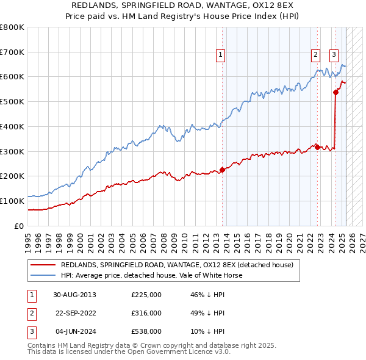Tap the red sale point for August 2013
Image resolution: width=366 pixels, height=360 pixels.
(222, 170)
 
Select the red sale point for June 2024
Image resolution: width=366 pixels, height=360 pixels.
(335, 92)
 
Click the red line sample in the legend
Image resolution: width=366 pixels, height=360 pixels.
(44, 265)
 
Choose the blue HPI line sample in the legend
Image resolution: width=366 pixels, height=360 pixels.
(44, 275)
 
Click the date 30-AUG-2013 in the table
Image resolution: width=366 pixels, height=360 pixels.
(74, 295)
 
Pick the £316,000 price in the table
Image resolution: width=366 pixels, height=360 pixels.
(146, 313)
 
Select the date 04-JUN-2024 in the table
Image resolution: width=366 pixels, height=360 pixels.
(74, 331)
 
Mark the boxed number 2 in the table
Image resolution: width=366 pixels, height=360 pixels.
(30, 313)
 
